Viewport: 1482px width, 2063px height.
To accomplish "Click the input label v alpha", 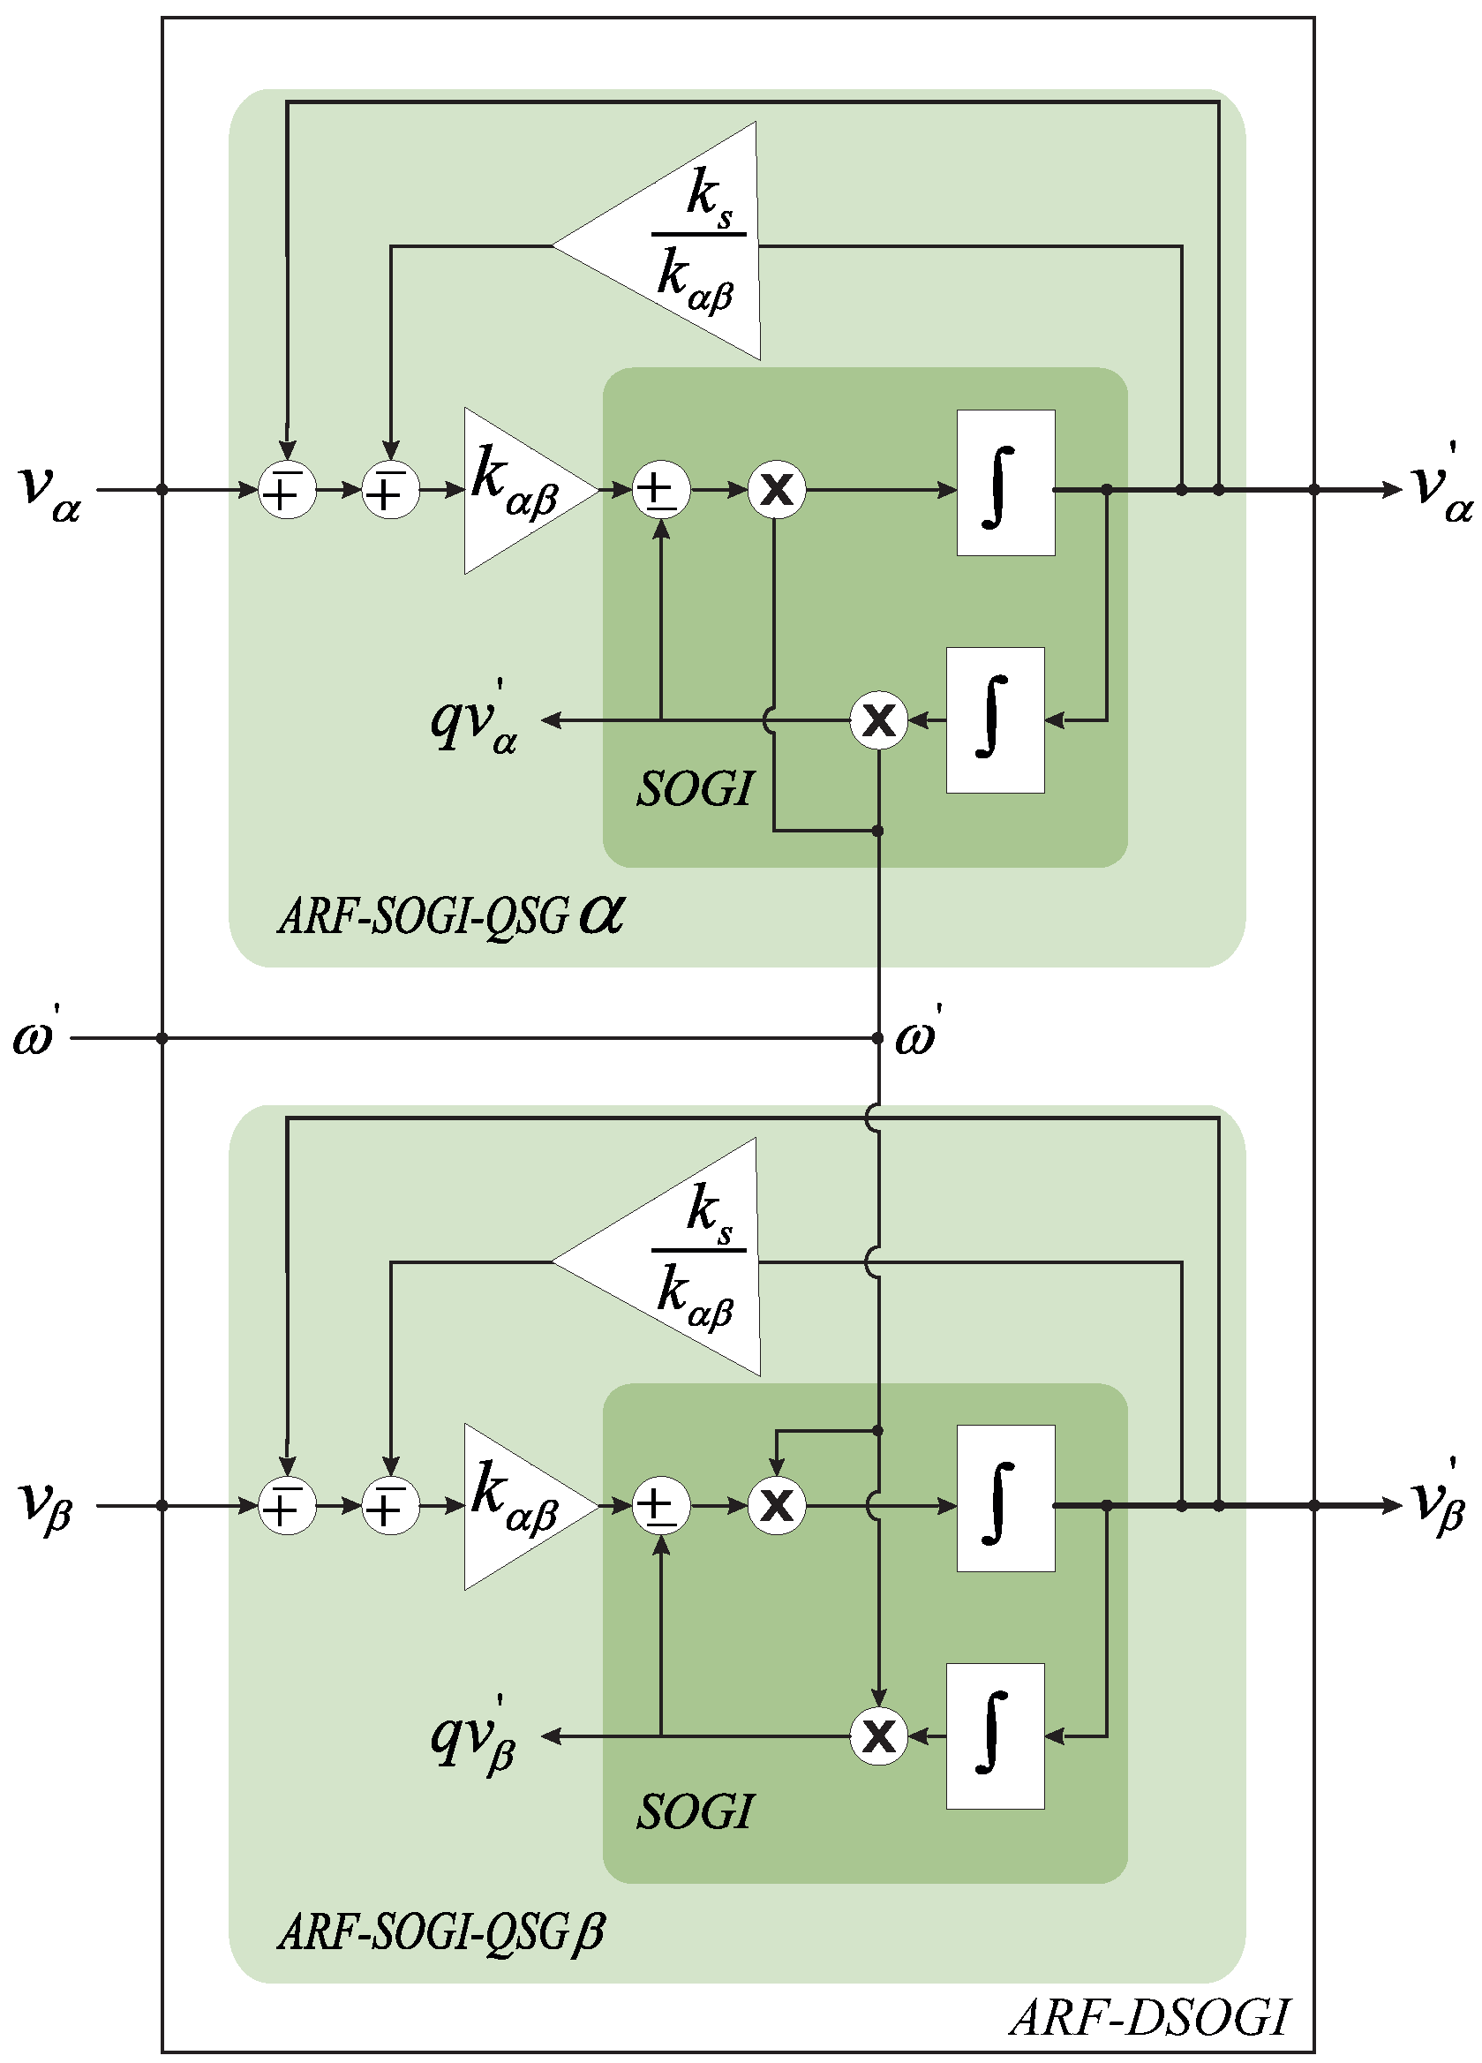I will click(x=50, y=492).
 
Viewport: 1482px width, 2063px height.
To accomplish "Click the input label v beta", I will click(x=46, y=1506).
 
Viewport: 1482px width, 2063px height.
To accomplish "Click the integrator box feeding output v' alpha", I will click(x=1005, y=482).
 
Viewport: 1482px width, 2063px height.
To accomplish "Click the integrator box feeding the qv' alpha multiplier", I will click(x=995, y=720).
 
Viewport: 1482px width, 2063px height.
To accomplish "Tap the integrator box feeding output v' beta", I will click(x=1005, y=1498).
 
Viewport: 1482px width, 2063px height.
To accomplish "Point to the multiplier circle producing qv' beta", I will click(x=878, y=1736).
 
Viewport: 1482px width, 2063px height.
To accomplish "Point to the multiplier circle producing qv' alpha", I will click(x=878, y=720).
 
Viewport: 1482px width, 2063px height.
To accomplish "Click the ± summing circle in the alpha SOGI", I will click(x=660, y=490).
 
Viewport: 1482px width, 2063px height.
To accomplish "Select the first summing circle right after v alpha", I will click(x=288, y=490).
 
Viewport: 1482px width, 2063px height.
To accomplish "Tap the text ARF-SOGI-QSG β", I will click(x=442, y=1932).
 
